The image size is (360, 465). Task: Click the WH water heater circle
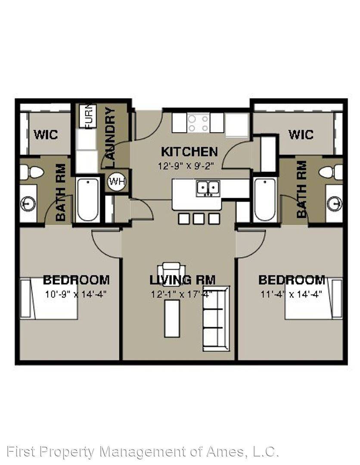click(117, 181)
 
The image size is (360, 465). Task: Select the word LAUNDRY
click(110, 138)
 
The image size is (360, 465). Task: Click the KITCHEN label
click(189, 152)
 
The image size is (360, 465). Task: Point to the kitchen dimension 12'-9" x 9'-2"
click(186, 165)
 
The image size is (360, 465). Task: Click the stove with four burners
click(198, 123)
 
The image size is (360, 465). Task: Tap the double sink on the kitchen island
click(208, 188)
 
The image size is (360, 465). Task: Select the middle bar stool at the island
click(199, 219)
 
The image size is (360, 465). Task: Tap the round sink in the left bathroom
click(28, 204)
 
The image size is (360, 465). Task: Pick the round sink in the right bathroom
click(335, 204)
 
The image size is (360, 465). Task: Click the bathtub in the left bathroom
click(87, 200)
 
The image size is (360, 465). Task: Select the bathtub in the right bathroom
click(265, 200)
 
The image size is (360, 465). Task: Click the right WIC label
click(301, 134)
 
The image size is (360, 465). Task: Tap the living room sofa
click(216, 319)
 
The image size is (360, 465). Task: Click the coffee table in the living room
click(172, 319)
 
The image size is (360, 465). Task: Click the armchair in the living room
click(171, 274)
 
